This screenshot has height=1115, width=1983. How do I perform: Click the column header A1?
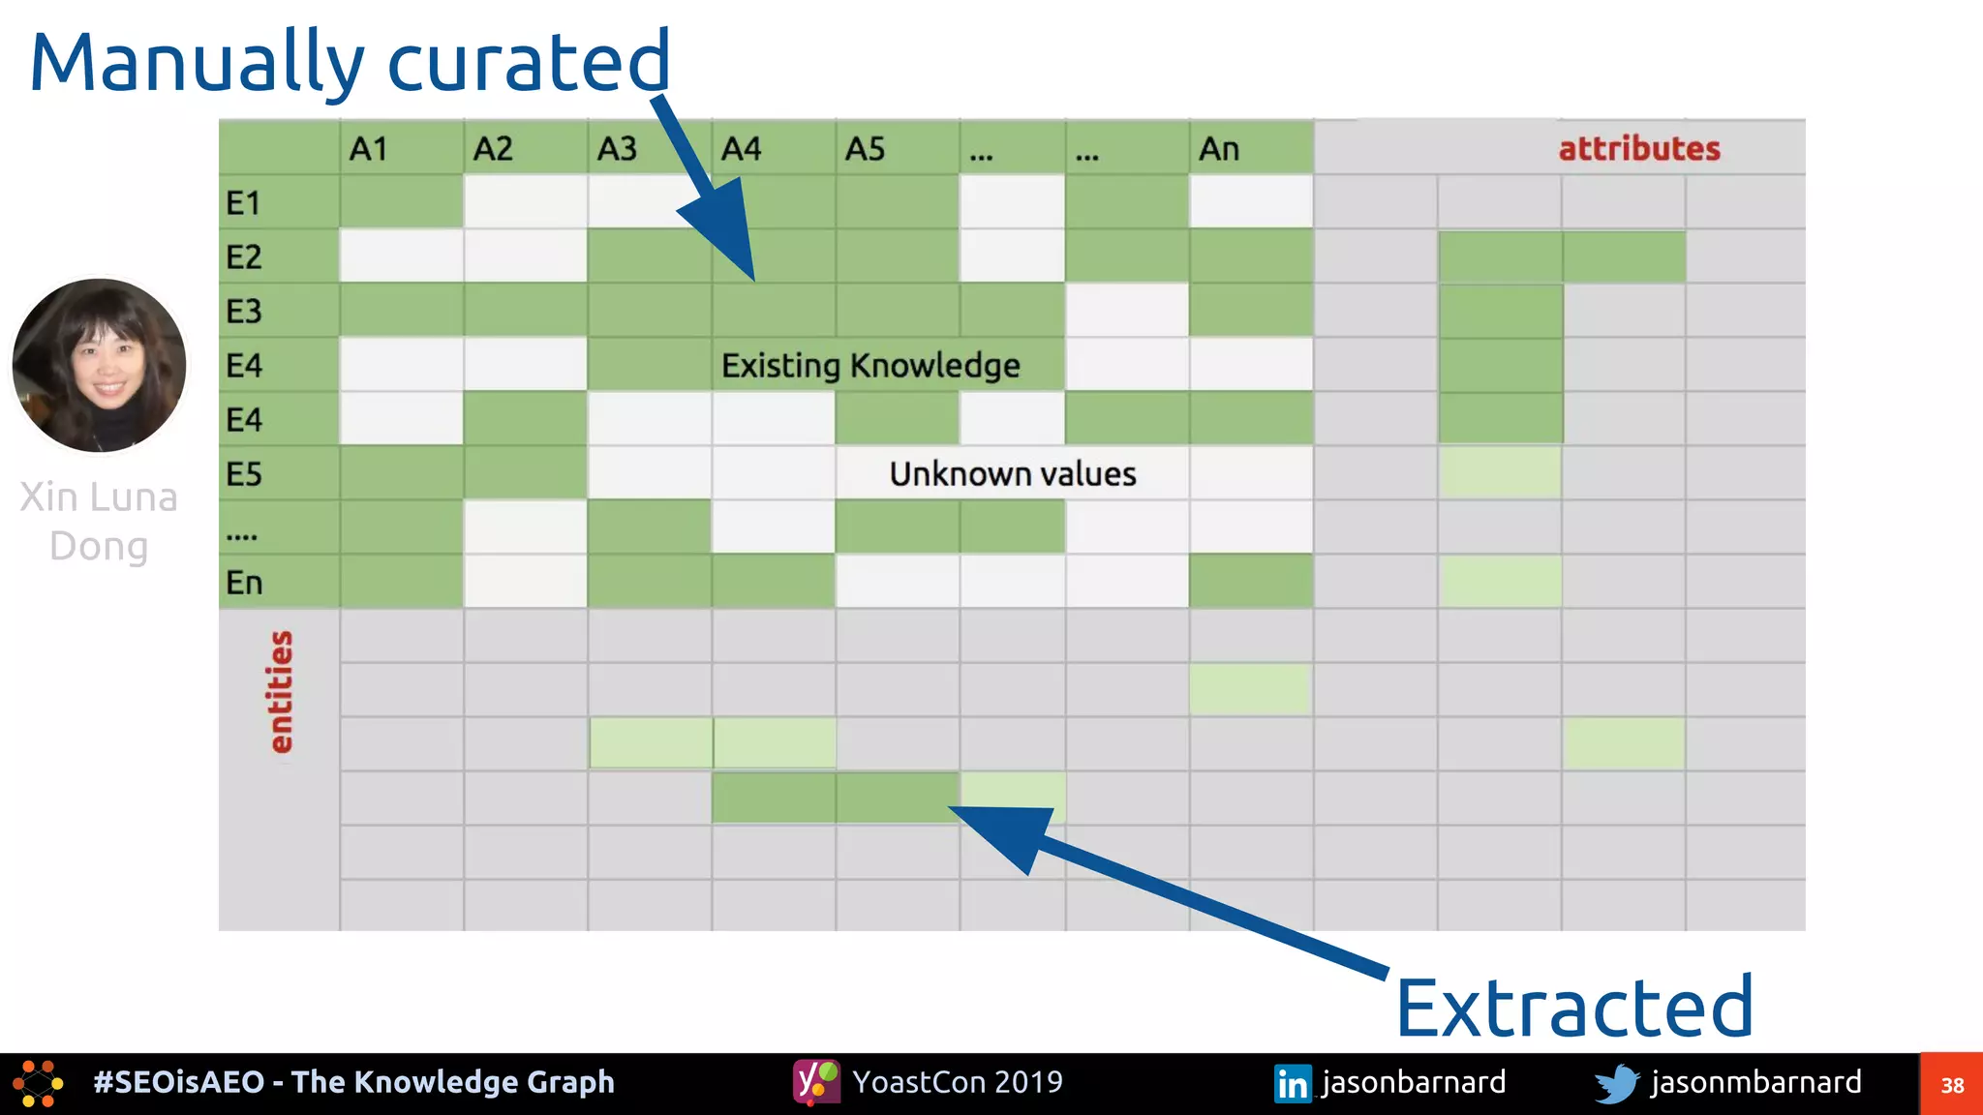369,149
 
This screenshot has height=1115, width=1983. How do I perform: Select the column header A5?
865,149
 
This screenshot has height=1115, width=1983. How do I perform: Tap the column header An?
1218,149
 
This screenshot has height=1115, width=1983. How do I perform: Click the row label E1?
243,203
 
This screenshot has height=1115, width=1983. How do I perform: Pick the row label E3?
244,312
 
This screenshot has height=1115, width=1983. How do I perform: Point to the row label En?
244,583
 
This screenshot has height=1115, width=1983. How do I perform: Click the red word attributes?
1638,149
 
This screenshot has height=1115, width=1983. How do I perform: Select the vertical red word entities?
280,691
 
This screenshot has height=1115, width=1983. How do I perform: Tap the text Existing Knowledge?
869,366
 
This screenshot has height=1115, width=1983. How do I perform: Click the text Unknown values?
1012,474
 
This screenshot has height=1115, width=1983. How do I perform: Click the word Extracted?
1573,1008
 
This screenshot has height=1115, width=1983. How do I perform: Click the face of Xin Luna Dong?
102,366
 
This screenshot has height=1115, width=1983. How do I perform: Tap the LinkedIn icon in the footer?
1292,1083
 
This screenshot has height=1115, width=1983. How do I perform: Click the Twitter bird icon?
1616,1083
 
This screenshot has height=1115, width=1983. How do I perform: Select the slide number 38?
1952,1085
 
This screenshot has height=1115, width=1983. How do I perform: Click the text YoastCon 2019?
957,1082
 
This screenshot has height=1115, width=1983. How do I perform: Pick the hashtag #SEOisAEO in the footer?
179,1082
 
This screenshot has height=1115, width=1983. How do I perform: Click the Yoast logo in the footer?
816,1082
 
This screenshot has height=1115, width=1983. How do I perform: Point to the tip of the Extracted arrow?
951,808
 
